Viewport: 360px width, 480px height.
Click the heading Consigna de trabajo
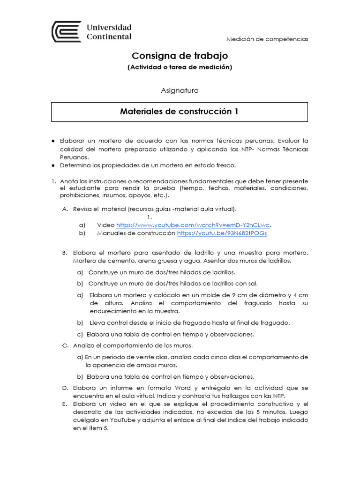coord(180,56)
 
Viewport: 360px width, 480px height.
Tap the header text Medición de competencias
coord(267,39)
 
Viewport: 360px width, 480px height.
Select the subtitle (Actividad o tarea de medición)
coord(180,67)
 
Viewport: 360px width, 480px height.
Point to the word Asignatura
coord(180,90)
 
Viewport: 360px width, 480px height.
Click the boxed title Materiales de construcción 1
coord(180,112)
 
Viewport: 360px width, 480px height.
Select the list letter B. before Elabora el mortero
coord(66,253)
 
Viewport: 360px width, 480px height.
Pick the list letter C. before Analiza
coord(66,345)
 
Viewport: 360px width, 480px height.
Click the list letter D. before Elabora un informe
coord(66,388)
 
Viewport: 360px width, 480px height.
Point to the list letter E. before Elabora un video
coord(66,404)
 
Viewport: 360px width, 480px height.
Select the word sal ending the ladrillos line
coord(253,283)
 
